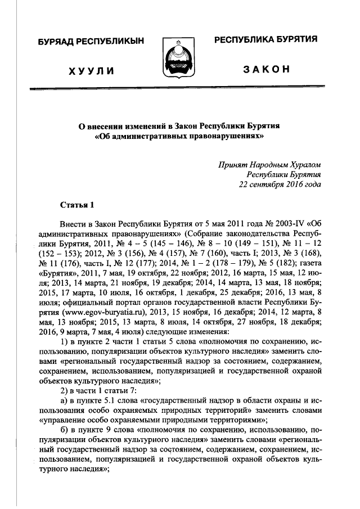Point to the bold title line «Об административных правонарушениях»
[179, 136]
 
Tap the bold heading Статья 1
[78, 203]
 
